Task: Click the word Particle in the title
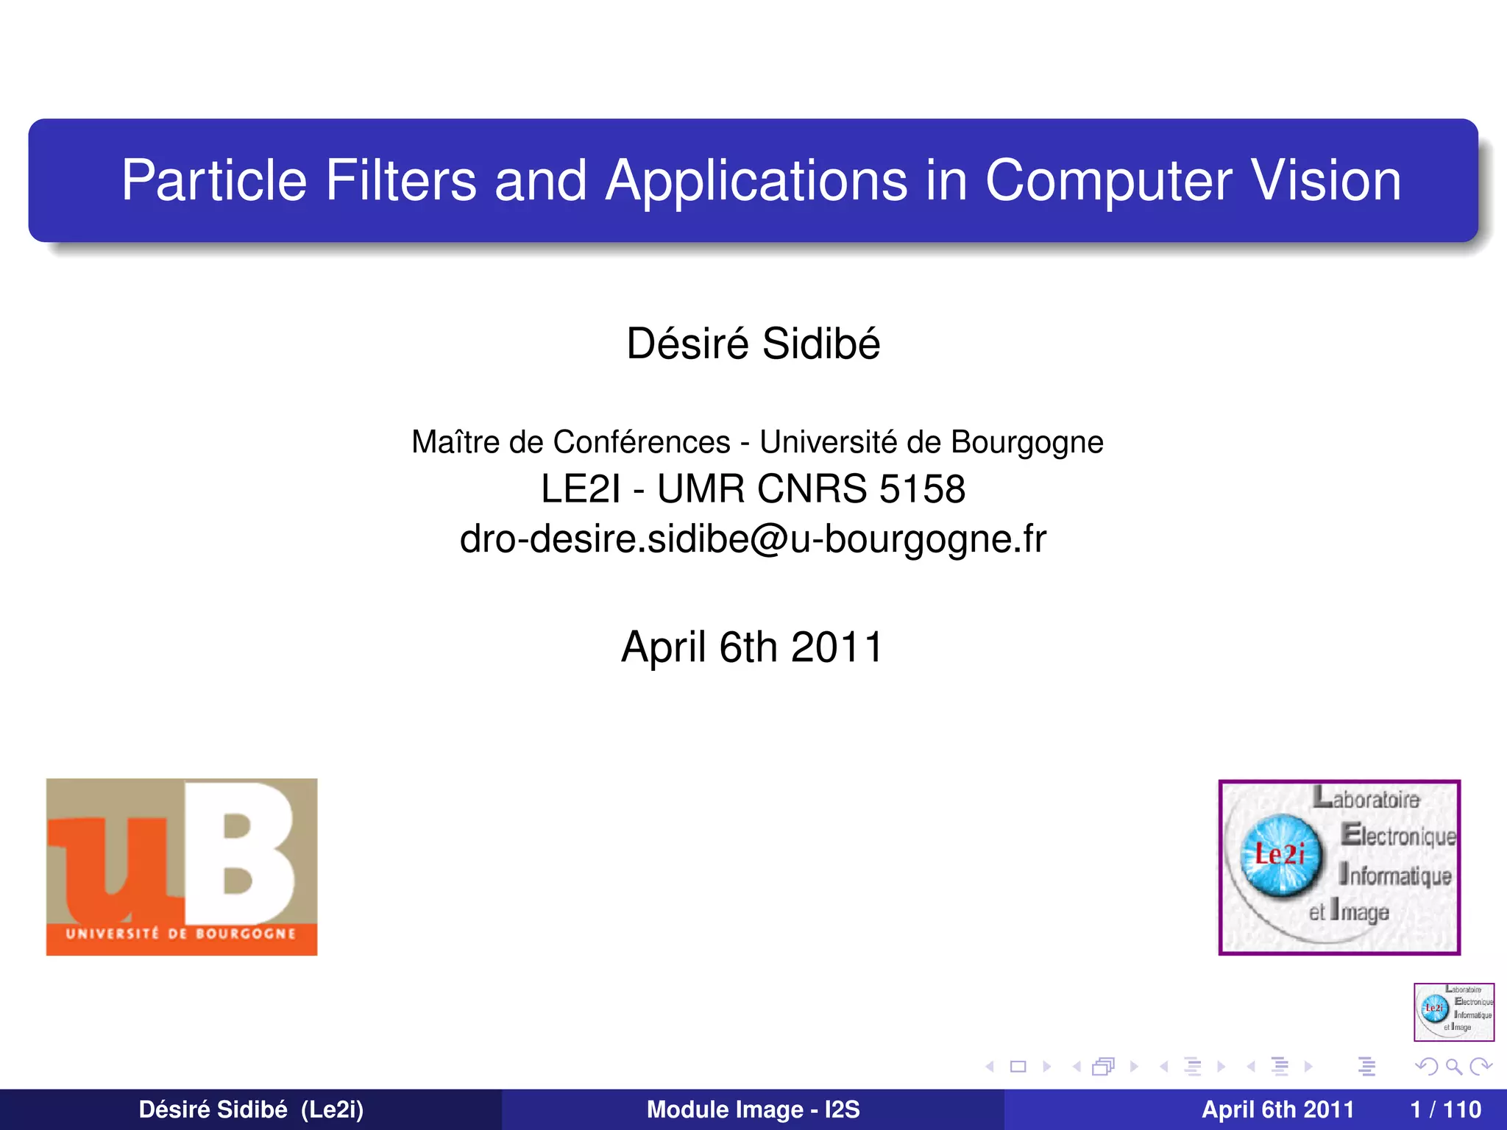tap(213, 181)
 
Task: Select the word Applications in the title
tap(756, 181)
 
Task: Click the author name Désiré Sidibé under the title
tap(753, 344)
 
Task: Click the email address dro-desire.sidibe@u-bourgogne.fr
tap(753, 539)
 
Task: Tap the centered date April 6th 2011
tap(752, 647)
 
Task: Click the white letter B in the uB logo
tap(247, 853)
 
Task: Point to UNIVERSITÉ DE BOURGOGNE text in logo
tap(181, 934)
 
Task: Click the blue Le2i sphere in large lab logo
tap(1280, 856)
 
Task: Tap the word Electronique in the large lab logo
tap(1398, 836)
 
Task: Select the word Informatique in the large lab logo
tap(1395, 875)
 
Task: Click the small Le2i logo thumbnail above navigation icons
tap(1453, 1012)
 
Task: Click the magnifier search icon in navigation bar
tap(1453, 1067)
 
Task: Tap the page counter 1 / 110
tap(1445, 1109)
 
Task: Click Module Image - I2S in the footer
tap(753, 1109)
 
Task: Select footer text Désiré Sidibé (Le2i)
tap(251, 1109)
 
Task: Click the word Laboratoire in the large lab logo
tap(1367, 798)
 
